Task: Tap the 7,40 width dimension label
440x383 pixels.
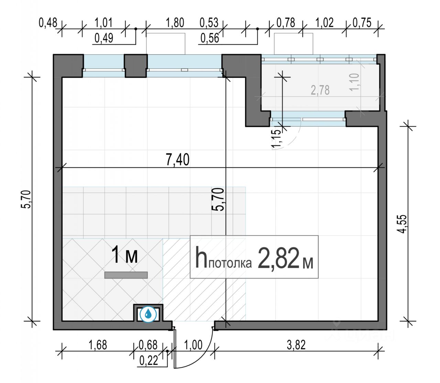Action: click(x=178, y=159)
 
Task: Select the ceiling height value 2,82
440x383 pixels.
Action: click(x=278, y=258)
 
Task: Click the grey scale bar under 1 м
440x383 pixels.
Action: click(x=126, y=275)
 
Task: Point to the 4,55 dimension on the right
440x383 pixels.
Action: click(x=402, y=224)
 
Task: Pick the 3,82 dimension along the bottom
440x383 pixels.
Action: click(x=296, y=345)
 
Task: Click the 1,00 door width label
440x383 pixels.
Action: click(x=193, y=345)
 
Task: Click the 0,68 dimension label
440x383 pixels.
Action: click(x=148, y=345)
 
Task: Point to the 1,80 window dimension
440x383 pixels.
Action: click(x=175, y=23)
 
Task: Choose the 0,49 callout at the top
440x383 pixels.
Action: click(x=104, y=38)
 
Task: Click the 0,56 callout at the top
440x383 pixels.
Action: click(x=209, y=38)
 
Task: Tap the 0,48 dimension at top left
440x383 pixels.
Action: click(x=48, y=23)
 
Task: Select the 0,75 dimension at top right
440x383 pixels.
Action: click(x=362, y=23)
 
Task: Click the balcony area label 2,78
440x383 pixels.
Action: click(x=320, y=90)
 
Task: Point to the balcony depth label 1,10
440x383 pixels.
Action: click(x=355, y=82)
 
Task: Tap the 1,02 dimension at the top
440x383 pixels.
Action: click(x=324, y=23)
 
